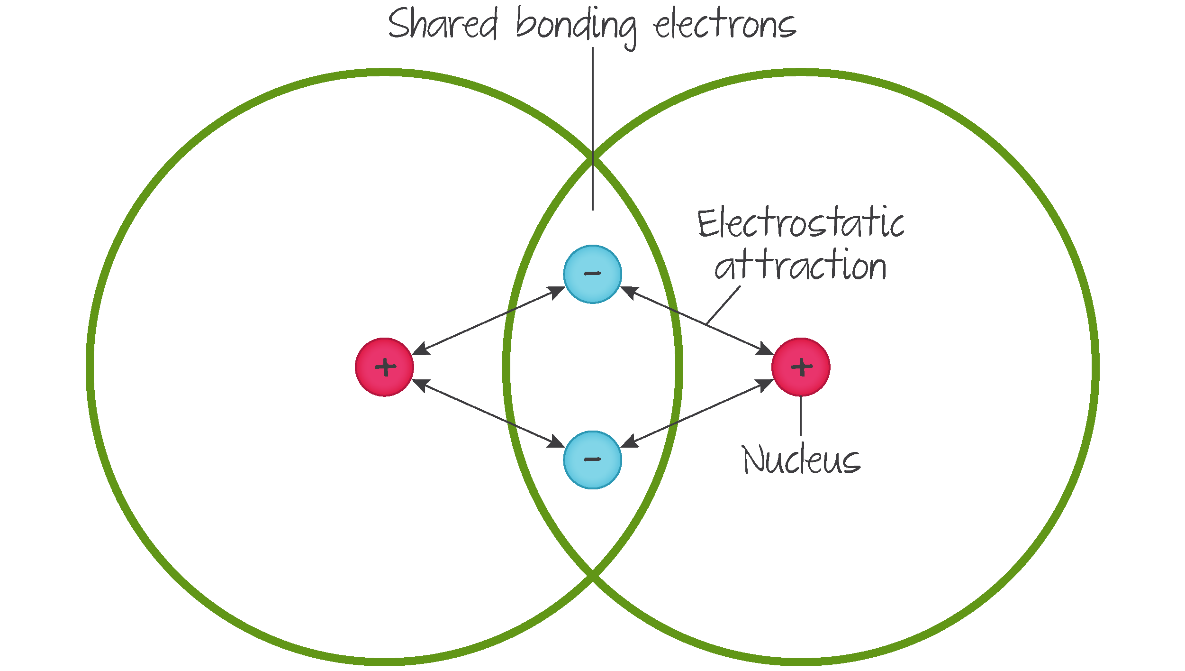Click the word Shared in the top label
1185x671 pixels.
[443, 25]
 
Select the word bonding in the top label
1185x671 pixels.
[576, 26]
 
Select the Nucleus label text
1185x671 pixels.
[801, 460]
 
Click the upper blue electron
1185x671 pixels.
[592, 274]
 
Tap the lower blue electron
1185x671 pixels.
[592, 460]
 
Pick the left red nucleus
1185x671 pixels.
[384, 367]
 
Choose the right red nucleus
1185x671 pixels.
[801, 367]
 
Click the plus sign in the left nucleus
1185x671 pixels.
[385, 367]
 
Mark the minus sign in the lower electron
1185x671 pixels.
[592, 459]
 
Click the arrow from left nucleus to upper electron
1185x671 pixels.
[488, 321]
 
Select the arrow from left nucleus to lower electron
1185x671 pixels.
[488, 413]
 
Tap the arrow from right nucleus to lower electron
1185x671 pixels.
[697, 413]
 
